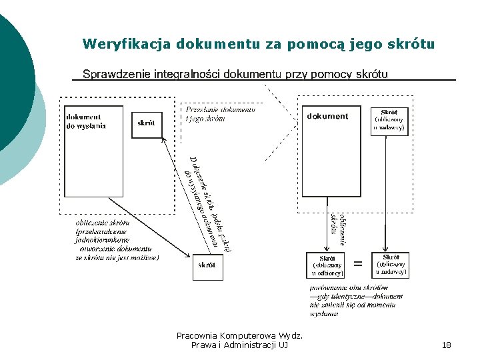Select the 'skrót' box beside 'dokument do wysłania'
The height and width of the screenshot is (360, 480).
(147, 123)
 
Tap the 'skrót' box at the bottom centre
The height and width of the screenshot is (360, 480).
(207, 265)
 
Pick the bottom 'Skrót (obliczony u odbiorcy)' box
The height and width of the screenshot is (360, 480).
(327, 265)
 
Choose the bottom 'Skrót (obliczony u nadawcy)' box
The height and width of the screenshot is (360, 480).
(391, 265)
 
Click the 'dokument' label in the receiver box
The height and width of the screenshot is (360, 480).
(327, 116)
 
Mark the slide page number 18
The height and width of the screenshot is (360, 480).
(447, 345)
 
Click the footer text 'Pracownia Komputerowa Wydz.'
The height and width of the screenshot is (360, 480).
(239, 335)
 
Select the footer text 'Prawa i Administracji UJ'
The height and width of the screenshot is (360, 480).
(239, 345)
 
